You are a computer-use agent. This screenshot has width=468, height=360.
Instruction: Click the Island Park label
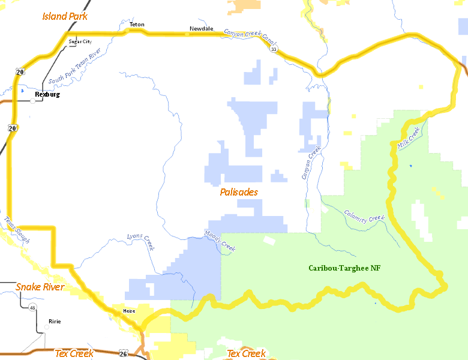(x=65, y=16)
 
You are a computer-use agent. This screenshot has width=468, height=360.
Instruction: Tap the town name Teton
(x=137, y=25)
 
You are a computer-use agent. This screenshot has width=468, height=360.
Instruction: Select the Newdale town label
(x=201, y=29)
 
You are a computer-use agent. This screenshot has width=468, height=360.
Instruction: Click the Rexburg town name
(x=47, y=94)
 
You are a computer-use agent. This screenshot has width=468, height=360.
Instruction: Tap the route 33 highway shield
(x=274, y=49)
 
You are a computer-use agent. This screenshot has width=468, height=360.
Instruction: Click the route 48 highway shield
(x=32, y=307)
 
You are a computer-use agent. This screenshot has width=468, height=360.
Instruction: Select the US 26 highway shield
(x=122, y=354)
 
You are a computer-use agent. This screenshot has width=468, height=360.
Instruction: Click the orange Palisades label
(x=239, y=192)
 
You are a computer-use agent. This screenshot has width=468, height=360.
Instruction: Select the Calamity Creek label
(x=364, y=215)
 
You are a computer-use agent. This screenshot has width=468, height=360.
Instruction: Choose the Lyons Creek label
(x=141, y=240)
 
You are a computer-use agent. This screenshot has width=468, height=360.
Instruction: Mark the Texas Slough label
(x=17, y=229)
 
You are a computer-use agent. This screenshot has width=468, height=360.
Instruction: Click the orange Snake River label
(x=40, y=287)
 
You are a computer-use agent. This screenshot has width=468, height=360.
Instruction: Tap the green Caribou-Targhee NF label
(x=344, y=268)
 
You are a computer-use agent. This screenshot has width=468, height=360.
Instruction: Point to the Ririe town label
(x=55, y=321)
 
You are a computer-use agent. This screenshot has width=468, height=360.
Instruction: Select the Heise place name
(x=129, y=311)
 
